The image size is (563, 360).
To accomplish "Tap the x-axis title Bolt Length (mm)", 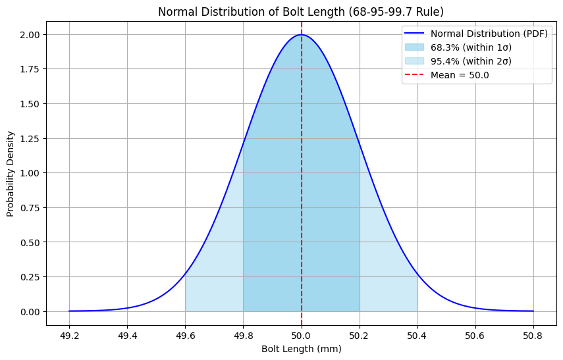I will (x=302, y=349).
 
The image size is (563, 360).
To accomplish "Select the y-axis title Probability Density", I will (x=11, y=173).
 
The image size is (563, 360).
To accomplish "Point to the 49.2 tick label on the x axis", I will (x=69, y=335).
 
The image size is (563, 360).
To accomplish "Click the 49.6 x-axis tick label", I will (x=185, y=335).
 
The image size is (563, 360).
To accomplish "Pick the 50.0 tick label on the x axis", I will (x=302, y=335).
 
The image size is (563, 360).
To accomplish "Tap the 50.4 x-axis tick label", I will (x=417, y=335).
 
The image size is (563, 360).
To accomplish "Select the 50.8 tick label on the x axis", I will (x=533, y=335).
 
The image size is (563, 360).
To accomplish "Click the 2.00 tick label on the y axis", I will (x=31, y=34).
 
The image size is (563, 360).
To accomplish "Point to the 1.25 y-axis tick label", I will (x=31, y=138).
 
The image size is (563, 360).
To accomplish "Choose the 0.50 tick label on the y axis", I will (x=31, y=242).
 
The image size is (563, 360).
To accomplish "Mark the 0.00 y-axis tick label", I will (x=31, y=311).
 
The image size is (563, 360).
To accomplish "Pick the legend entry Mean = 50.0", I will (x=460, y=75).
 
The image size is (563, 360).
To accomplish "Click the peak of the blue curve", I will (x=302, y=35).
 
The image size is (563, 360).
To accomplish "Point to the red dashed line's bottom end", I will (x=302, y=324).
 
